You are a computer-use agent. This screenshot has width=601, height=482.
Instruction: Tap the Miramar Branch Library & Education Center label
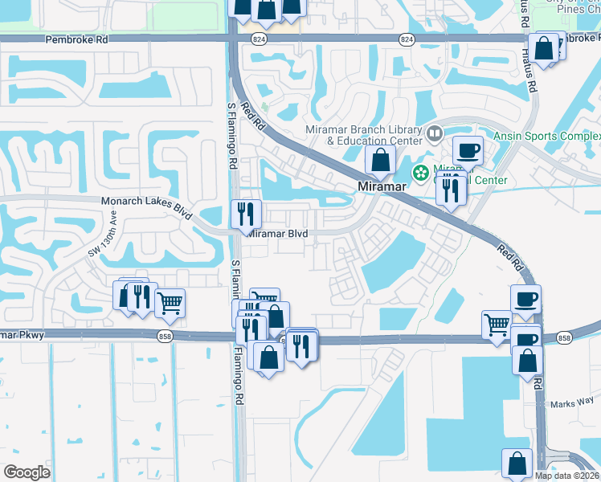pyautogui.click(x=364, y=135)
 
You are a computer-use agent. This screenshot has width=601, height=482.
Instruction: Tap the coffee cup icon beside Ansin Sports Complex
pyautogui.click(x=467, y=150)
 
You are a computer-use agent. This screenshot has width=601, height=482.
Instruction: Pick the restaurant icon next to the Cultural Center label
pyautogui.click(x=451, y=189)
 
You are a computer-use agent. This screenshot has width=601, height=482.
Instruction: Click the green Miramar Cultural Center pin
pyautogui.click(x=419, y=172)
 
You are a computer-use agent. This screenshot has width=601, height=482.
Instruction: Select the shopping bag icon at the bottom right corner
pyautogui.click(x=517, y=464)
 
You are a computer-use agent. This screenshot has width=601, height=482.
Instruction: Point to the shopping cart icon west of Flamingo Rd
pyautogui.click(x=170, y=304)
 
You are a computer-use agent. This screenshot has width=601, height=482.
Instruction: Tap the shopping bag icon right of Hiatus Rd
pyautogui.click(x=544, y=48)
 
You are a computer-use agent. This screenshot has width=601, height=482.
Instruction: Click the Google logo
pyautogui.click(x=27, y=472)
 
